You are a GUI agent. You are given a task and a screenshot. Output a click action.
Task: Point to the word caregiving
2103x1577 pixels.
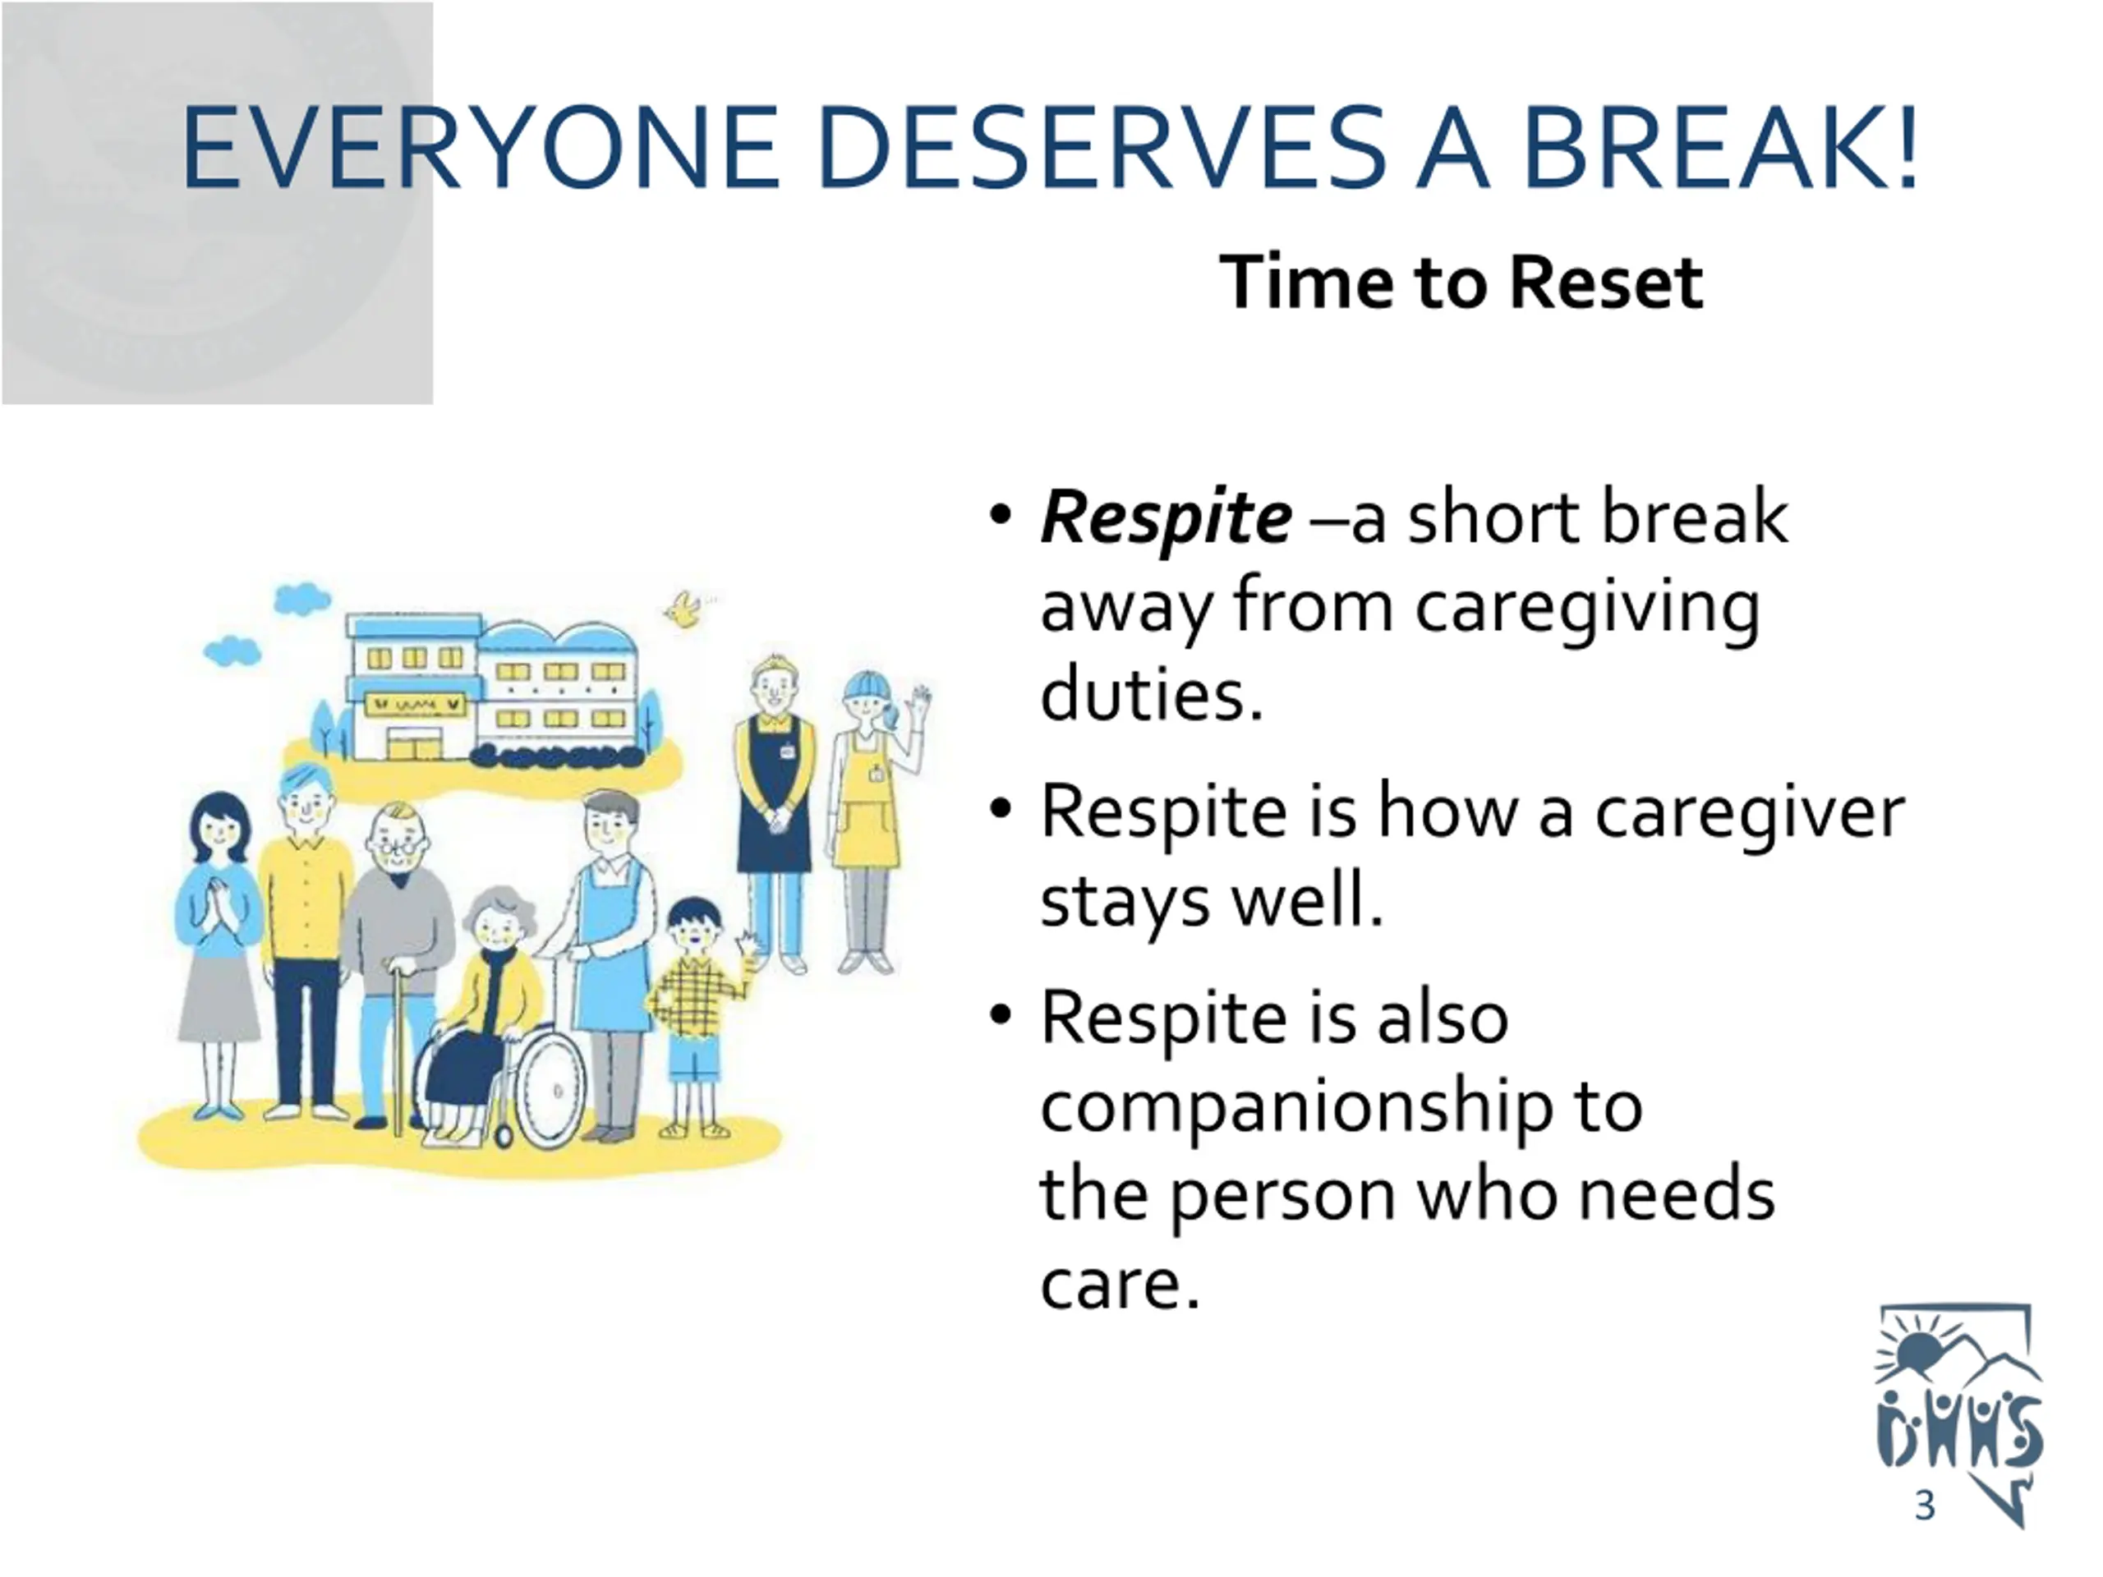coord(1588,609)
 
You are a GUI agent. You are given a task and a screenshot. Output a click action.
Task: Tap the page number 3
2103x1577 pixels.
coord(1924,1506)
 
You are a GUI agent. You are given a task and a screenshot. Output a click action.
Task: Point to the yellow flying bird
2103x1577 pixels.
coord(685,609)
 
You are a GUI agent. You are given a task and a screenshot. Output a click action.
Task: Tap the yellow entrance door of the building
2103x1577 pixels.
coord(415,745)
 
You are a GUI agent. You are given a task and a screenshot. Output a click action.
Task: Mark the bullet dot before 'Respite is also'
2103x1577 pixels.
coord(999,1016)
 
